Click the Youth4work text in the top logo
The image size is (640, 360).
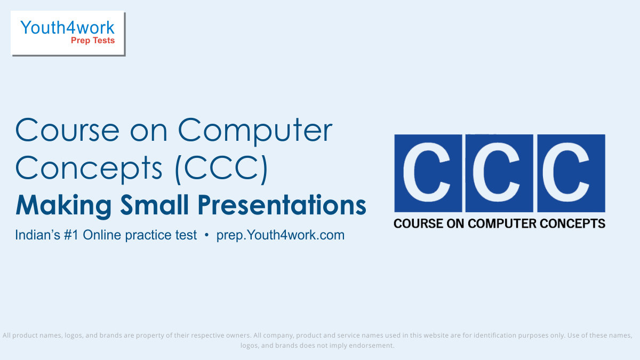click(67, 27)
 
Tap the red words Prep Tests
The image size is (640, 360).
click(93, 41)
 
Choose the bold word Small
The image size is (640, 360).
click(154, 205)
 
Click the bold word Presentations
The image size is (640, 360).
click(282, 205)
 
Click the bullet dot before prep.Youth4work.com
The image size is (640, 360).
click(206, 235)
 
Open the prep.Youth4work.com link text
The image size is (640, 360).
click(281, 235)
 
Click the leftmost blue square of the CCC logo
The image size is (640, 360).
click(428, 173)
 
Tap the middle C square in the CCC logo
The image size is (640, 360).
click(499, 173)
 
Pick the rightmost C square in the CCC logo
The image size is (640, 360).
click(571, 173)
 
